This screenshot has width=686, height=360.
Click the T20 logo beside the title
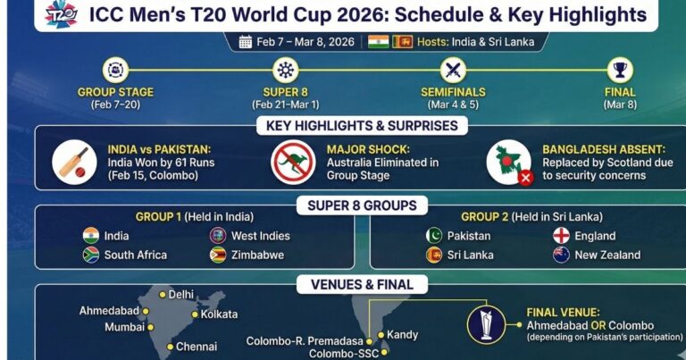(x=62, y=13)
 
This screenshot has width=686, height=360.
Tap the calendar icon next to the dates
(x=246, y=42)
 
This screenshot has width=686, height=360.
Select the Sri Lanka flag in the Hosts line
(x=403, y=42)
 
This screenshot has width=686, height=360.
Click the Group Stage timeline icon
(x=115, y=70)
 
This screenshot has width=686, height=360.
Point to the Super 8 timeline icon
(x=285, y=70)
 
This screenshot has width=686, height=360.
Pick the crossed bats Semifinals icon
(x=453, y=70)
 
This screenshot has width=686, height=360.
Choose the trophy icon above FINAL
(x=620, y=70)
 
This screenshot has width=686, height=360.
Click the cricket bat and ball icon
(x=74, y=163)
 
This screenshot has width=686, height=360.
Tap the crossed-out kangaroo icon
(x=293, y=163)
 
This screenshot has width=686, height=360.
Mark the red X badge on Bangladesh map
(x=525, y=178)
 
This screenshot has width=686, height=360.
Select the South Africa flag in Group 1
(x=91, y=255)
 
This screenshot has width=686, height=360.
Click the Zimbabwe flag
(x=218, y=255)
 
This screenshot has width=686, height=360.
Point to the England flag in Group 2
(x=561, y=236)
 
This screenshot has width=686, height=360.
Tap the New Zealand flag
(x=561, y=255)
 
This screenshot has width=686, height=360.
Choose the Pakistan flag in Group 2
(x=434, y=236)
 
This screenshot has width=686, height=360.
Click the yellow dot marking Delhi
(x=163, y=295)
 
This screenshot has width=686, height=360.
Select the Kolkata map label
(x=219, y=314)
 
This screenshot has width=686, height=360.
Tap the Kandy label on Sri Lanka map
(x=403, y=335)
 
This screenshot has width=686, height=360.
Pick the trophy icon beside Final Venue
(x=486, y=324)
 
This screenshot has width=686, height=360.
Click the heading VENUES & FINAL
(x=362, y=285)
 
